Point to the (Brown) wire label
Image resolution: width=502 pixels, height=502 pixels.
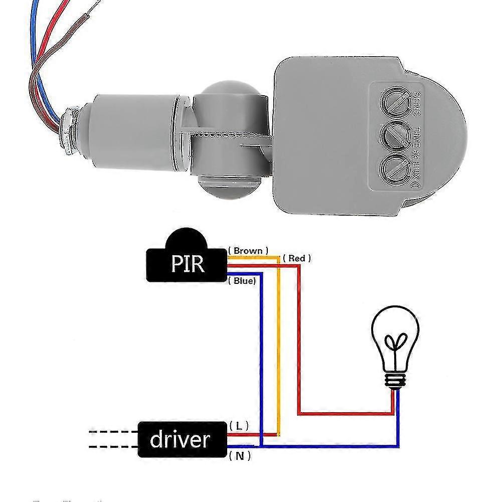click(x=248, y=250)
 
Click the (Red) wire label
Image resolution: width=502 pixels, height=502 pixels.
click(x=297, y=258)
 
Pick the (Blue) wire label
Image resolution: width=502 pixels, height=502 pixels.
click(x=244, y=281)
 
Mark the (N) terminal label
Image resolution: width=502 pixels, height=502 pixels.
click(x=240, y=456)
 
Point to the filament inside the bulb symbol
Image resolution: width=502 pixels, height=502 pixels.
click(x=395, y=346)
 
